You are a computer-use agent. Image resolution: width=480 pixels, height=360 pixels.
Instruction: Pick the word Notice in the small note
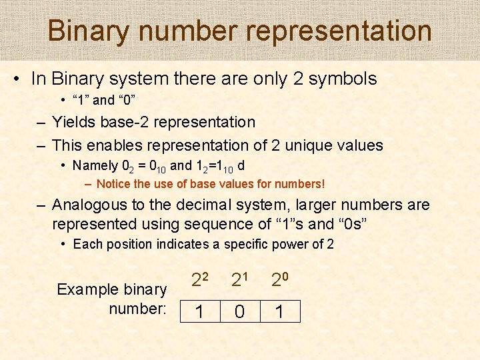click(x=113, y=183)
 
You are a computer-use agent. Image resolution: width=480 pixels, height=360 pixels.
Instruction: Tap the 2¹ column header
click(x=239, y=281)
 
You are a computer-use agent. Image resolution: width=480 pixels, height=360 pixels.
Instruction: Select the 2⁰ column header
click(x=279, y=281)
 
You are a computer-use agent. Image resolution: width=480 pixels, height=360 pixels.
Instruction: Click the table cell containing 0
click(x=240, y=312)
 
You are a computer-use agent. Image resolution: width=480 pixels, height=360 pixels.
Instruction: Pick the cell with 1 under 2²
click(x=199, y=312)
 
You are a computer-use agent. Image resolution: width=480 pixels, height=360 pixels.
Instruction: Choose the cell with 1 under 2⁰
click(x=281, y=312)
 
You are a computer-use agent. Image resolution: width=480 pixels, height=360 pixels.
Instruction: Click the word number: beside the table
click(x=137, y=309)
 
